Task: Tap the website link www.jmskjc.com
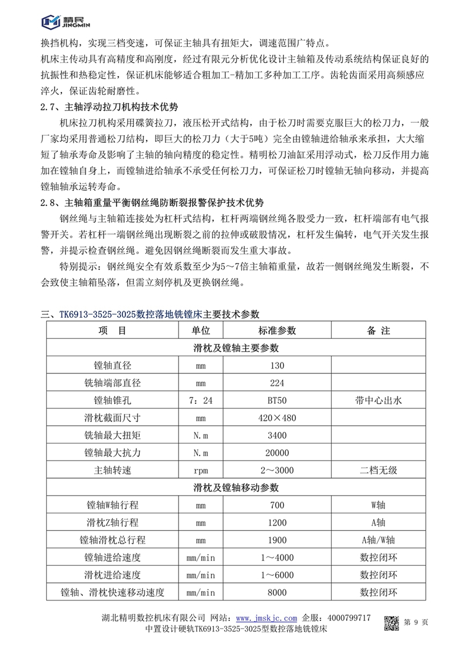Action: coord(266,618)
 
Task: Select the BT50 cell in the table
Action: coord(277,401)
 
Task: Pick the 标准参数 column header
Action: coord(277,331)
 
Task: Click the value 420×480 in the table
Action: coord(277,418)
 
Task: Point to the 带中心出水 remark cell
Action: coord(378,401)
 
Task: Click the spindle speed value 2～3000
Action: coord(277,470)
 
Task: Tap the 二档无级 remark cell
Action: coord(378,470)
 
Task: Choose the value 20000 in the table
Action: coord(277,453)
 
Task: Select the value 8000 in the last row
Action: coord(277,592)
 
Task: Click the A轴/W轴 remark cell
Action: coord(378,540)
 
